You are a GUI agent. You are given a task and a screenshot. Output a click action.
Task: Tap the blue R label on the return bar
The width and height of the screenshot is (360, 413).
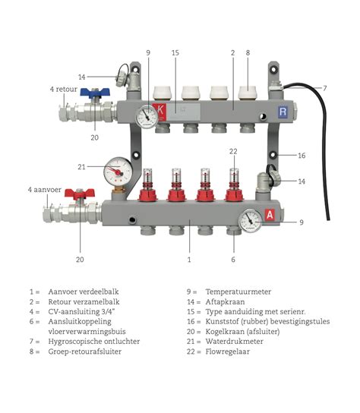(x=283, y=112)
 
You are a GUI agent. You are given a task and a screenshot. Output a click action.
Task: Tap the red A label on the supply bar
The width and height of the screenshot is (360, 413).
(x=269, y=215)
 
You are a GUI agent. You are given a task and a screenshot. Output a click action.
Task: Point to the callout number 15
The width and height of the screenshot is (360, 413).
(x=175, y=52)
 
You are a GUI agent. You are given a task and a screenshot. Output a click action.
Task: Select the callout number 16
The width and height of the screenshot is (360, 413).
(x=302, y=155)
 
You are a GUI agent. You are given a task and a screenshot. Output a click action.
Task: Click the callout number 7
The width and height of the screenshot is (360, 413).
(x=324, y=89)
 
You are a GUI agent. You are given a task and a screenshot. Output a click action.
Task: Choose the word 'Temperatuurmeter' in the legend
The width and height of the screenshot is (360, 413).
(x=238, y=292)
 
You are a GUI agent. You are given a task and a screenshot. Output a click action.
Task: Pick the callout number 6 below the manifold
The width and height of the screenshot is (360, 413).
(x=232, y=260)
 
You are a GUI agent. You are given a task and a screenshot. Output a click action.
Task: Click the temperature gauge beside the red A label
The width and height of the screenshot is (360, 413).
(x=248, y=220)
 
